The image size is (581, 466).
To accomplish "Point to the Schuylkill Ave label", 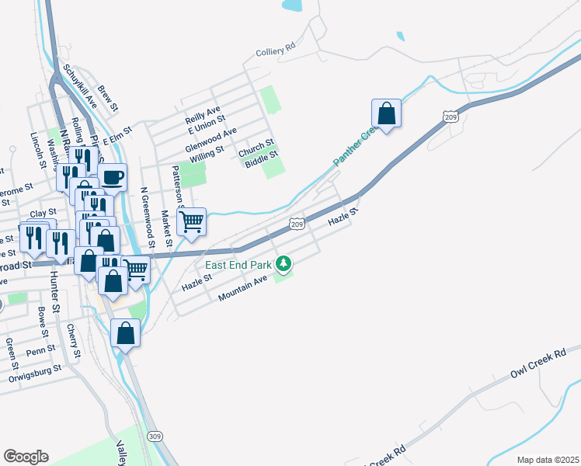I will (x=81, y=85).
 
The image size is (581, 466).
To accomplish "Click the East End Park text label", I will (x=238, y=265).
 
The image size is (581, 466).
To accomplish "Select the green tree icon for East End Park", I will (x=284, y=265).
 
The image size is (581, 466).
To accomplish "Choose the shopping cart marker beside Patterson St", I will (x=191, y=223).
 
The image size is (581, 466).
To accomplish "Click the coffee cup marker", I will (x=112, y=177).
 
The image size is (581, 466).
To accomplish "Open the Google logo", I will (x=26, y=457).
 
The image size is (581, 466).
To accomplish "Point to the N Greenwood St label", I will (x=144, y=215).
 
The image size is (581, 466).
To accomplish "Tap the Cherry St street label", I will (x=73, y=342).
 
